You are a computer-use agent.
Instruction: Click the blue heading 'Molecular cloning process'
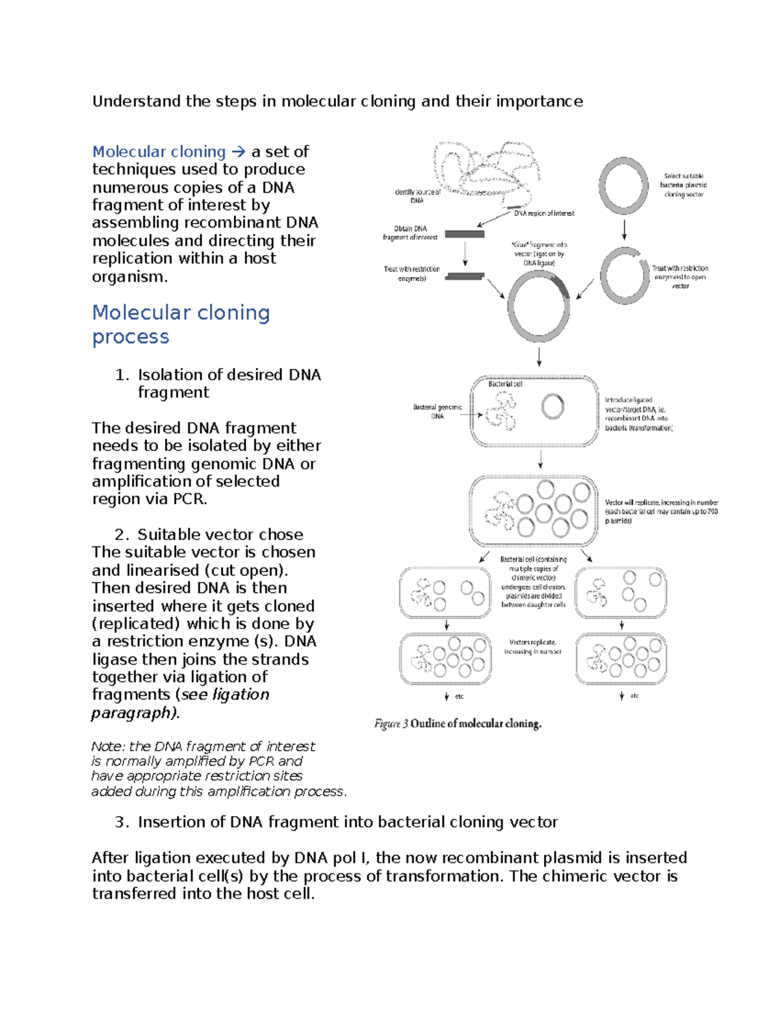pyautogui.click(x=181, y=325)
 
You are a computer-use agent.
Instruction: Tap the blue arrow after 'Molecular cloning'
pyautogui.click(x=238, y=152)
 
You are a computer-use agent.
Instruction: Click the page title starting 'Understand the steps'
pyautogui.click(x=337, y=101)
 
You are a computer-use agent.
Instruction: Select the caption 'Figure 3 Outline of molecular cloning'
pyautogui.click(x=458, y=724)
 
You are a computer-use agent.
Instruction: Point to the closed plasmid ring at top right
pyautogui.click(x=623, y=186)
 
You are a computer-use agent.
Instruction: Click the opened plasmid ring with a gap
pyautogui.click(x=624, y=276)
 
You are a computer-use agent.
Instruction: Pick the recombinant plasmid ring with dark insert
pyautogui.click(x=539, y=306)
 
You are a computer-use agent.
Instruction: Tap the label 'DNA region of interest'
pyautogui.click(x=544, y=213)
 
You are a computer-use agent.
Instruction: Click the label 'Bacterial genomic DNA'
pyautogui.click(x=437, y=412)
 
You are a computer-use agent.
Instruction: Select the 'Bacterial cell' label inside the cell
pyautogui.click(x=505, y=384)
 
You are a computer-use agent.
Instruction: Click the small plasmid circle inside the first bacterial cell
pyautogui.click(x=552, y=407)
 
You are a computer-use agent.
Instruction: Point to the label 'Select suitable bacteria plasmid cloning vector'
pyautogui.click(x=683, y=185)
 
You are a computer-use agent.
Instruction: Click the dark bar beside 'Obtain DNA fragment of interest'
pyautogui.click(x=464, y=234)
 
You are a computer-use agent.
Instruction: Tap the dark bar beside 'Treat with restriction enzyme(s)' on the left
pyautogui.click(x=464, y=276)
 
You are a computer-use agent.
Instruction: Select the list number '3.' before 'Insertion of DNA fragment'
pyautogui.click(x=122, y=822)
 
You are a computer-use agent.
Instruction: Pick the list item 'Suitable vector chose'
pyautogui.click(x=220, y=535)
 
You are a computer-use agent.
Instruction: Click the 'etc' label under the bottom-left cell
pyautogui.click(x=459, y=697)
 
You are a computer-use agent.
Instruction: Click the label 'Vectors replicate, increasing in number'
pyautogui.click(x=532, y=647)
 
